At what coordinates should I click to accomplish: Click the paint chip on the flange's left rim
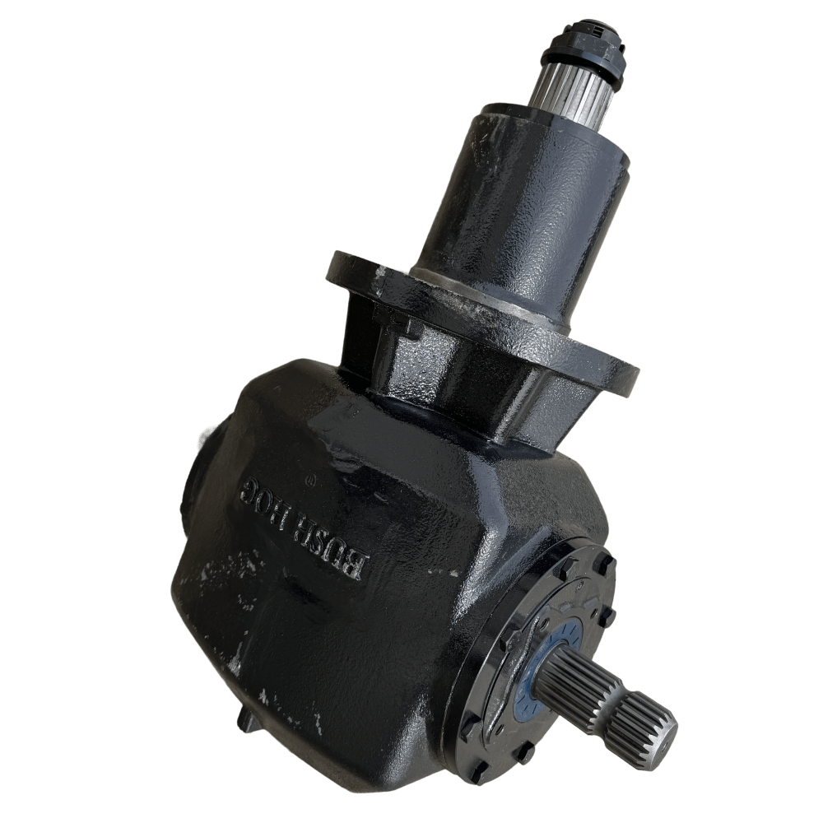(x=380, y=272)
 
